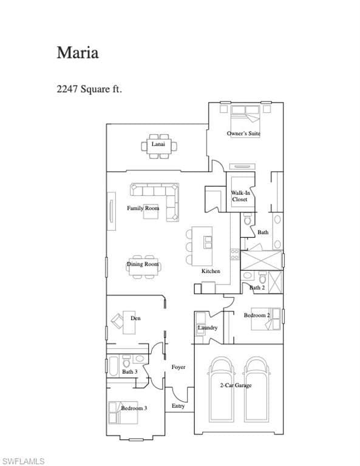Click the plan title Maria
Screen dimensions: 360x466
point(78,53)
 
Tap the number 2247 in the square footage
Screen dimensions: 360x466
point(67,89)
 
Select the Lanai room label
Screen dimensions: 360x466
point(158,144)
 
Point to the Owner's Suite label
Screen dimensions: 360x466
point(243,133)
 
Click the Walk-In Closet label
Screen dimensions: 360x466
point(240,196)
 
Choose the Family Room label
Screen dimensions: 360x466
point(143,208)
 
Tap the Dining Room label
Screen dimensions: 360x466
point(143,264)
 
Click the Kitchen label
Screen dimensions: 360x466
point(211,271)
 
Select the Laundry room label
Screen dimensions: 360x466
point(208,328)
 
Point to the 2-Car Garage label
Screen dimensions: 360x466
point(236,385)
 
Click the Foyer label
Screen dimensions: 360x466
point(178,367)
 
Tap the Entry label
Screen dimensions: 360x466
point(178,406)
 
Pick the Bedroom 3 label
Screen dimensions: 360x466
point(134,408)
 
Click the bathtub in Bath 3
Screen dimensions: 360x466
point(114,366)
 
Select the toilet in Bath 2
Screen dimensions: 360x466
point(262,277)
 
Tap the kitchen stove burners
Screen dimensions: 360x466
point(235,254)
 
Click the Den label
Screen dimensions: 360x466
point(135,318)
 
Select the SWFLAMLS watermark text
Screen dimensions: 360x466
point(23,461)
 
